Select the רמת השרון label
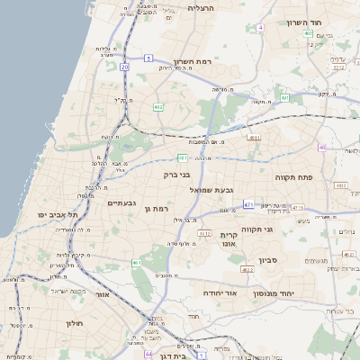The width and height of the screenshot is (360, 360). click(x=193, y=61)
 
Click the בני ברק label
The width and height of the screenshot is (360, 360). click(x=175, y=175)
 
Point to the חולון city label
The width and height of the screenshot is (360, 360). click(x=74, y=321)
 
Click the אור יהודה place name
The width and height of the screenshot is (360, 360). click(x=244, y=292)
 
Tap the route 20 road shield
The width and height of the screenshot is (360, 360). click(x=124, y=67)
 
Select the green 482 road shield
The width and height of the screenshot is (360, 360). click(x=158, y=107)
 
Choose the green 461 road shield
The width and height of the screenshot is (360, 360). click(x=136, y=263)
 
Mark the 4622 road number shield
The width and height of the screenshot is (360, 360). click(x=247, y=269)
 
